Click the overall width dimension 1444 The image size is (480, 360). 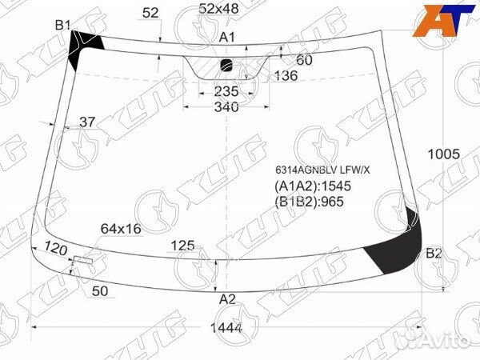point(226,328)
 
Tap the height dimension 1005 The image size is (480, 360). point(443,154)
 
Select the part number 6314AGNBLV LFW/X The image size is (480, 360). point(322,170)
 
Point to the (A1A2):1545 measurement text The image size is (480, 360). point(313,186)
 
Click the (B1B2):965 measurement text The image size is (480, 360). point(309,202)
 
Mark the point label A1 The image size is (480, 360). point(227,37)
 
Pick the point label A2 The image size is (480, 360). point(227,299)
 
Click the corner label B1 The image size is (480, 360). point(62,25)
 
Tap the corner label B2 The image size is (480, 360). point(434,254)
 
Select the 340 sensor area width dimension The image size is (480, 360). point(226,107)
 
